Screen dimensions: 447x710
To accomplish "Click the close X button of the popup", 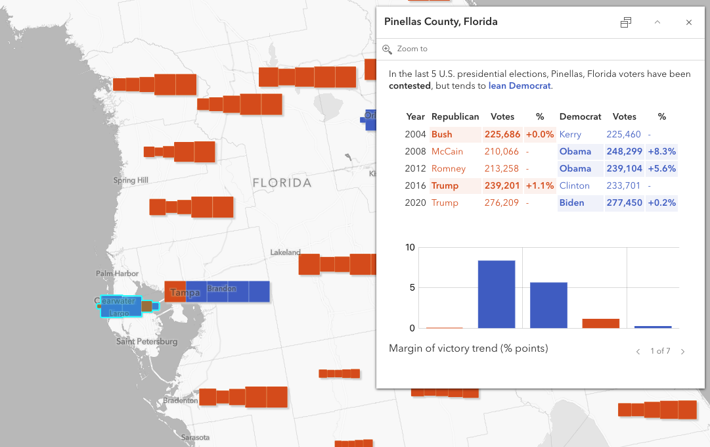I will coord(688,22).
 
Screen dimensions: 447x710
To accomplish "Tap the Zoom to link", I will coord(412,49).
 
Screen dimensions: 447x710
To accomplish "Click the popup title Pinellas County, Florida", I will coord(441,22).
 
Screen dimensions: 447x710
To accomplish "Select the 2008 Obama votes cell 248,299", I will coord(624,151).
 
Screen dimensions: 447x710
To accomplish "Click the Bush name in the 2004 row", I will coord(442,134).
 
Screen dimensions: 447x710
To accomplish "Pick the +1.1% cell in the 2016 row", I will coord(540,185).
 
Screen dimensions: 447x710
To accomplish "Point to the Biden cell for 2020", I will coord(571,202).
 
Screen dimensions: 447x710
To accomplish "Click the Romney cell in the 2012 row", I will coord(449,168).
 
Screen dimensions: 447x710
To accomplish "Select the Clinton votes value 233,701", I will coord(624,185).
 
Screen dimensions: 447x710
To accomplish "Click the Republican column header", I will coord(455,116).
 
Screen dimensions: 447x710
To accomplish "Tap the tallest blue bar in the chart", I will coord(496,294).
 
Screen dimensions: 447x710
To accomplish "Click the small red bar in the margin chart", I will coord(600,323).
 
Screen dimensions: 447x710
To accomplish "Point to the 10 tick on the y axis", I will coord(410,247).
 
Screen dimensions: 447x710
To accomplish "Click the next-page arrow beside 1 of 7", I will coord(682,352).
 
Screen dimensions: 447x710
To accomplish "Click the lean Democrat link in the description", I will coord(520,85).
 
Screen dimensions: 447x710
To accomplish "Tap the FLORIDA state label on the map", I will coord(282,183).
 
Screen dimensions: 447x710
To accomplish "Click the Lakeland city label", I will coord(285,252).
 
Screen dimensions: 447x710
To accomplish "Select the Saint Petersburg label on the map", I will coord(146,342).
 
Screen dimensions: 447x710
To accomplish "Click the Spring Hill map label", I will coord(131,180).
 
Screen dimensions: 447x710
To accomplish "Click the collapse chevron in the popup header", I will coord(657,22).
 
